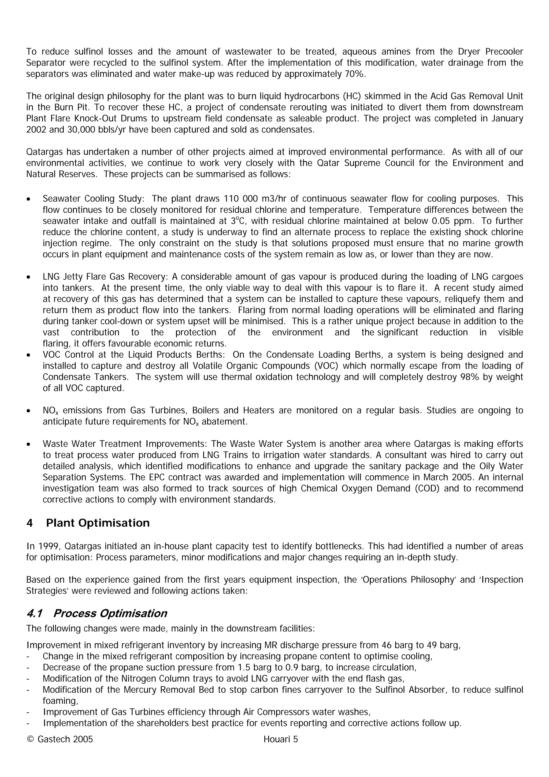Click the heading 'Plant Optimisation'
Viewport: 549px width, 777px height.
(98, 523)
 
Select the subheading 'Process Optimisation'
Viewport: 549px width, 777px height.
(110, 613)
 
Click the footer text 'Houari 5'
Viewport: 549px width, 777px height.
(280, 739)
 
